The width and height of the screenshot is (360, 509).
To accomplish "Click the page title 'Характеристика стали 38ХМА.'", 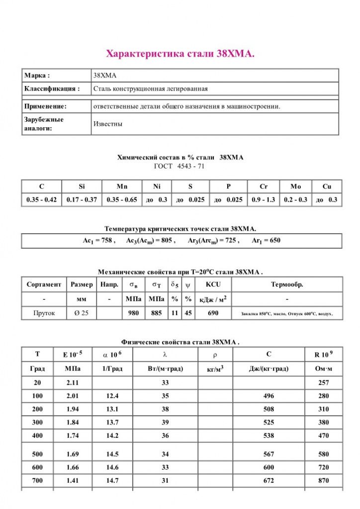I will point(180,54).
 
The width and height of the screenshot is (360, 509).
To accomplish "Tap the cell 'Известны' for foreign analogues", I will point(108,124).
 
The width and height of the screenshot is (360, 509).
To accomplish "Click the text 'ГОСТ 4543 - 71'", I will point(180,166).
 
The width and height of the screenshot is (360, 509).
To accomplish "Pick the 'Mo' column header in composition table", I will point(295,186).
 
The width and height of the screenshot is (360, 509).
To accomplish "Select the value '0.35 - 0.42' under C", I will point(42,200).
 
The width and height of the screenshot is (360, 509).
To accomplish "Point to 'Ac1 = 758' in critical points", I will point(99,241).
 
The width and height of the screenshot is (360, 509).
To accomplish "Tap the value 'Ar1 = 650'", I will point(266,241).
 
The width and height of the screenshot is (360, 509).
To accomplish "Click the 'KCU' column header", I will point(213,285).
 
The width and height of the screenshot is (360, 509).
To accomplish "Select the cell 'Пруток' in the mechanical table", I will point(44,313).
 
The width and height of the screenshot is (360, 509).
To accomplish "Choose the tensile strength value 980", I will point(133,313).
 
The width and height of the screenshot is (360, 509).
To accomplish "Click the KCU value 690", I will point(213,313).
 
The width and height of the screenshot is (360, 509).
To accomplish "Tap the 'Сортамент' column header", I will point(44,285).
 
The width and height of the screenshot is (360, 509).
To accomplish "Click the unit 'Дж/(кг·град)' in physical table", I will point(269,369).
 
